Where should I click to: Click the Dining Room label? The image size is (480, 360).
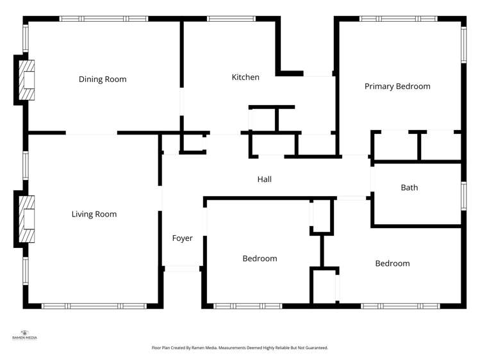click(103, 79)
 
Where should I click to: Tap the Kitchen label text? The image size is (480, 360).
click(245, 78)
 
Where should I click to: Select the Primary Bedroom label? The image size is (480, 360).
click(397, 86)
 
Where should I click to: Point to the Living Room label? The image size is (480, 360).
click(94, 214)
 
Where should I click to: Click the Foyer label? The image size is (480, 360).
click(183, 238)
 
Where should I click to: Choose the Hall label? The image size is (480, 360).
click(265, 179)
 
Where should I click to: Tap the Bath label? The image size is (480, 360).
click(410, 188)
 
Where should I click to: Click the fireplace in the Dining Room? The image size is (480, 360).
click(26, 80)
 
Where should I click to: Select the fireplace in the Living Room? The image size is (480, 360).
click(26, 219)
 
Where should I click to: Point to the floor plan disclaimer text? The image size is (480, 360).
click(240, 348)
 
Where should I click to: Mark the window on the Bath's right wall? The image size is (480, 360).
click(463, 195)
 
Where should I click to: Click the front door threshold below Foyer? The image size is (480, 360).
click(183, 268)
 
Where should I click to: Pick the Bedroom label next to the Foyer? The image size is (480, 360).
click(260, 259)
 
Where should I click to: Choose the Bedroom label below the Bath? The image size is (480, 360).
click(392, 263)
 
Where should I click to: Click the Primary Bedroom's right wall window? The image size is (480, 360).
click(463, 45)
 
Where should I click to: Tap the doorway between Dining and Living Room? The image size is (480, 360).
click(91, 133)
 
